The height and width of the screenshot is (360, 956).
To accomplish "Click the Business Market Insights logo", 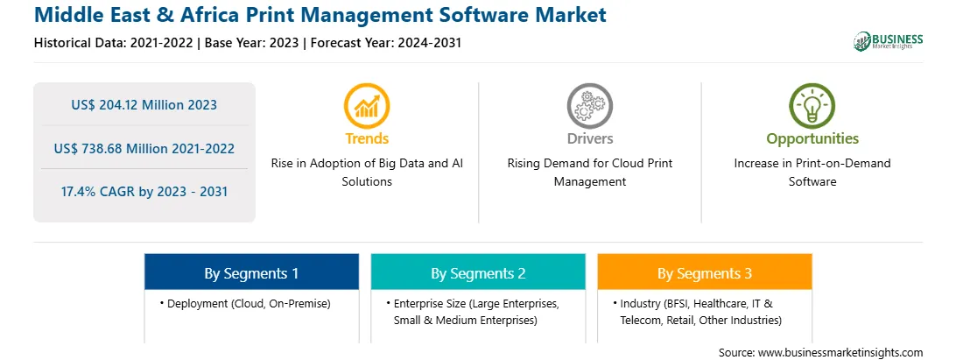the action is [x=889, y=41].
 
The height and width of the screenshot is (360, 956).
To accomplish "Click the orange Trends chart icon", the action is [x=367, y=106].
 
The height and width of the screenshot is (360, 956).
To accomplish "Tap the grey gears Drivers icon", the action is [x=589, y=106].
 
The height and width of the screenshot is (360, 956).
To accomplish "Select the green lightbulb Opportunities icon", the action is [x=812, y=106].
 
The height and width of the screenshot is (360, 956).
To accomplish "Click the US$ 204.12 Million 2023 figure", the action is [x=144, y=104].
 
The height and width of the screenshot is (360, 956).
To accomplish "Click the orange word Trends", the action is [x=367, y=138].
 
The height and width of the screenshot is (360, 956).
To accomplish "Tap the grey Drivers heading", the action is [x=589, y=138].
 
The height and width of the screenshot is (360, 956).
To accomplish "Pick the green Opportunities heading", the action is [x=812, y=138].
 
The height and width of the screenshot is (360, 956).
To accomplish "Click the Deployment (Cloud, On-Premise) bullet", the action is [x=245, y=303].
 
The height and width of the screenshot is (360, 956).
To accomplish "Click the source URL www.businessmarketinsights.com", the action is [x=840, y=353].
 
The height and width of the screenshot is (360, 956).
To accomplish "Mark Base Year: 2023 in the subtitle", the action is [x=252, y=43].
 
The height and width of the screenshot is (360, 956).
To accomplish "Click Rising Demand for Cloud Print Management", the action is [x=589, y=173].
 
